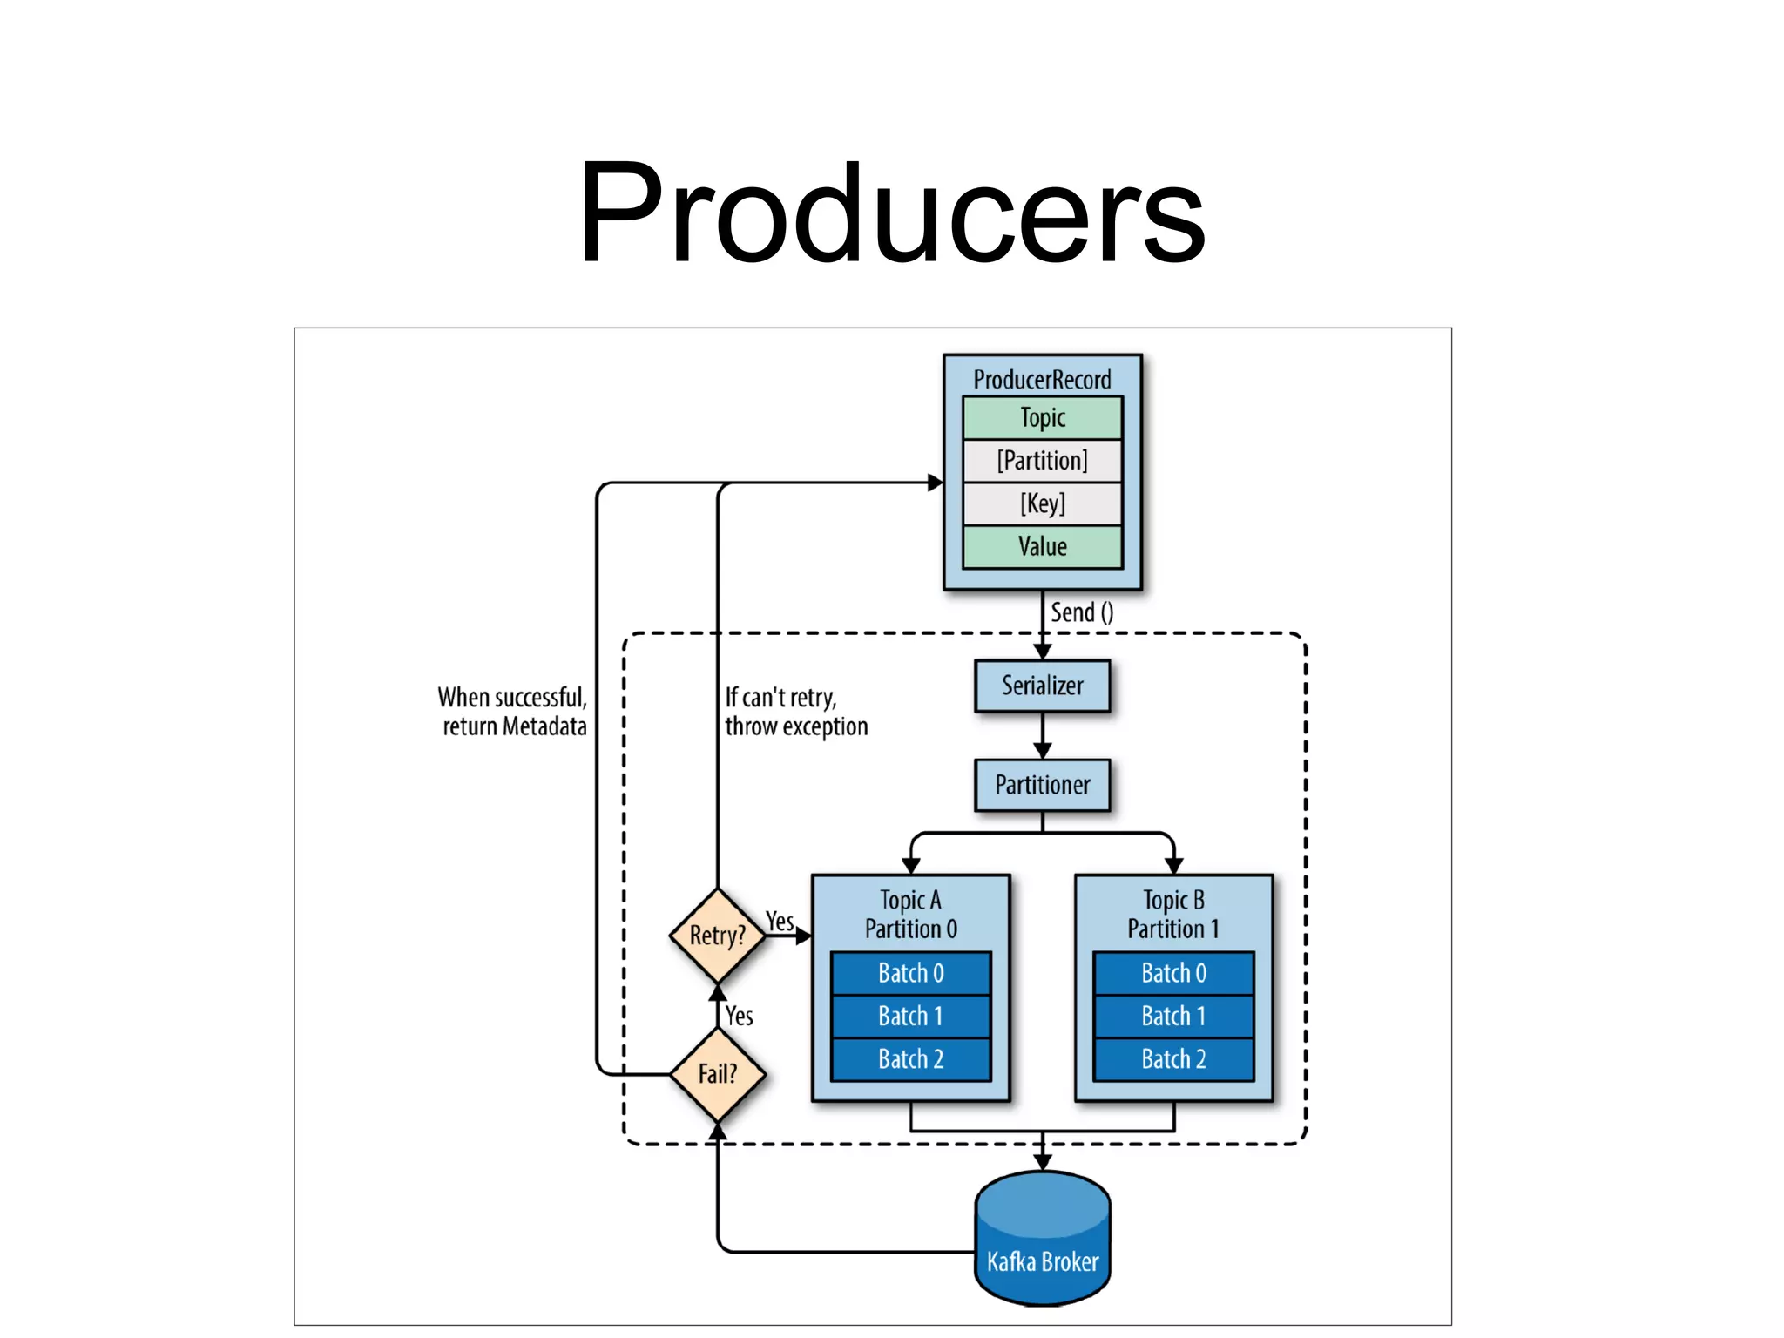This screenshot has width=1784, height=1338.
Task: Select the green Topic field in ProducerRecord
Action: pyautogui.click(x=1042, y=418)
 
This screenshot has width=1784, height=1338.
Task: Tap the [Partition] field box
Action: pyautogui.click(x=1042, y=461)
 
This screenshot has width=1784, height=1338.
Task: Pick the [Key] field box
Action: pyautogui.click(x=1042, y=503)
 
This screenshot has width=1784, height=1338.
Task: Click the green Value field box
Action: pyautogui.click(x=1042, y=547)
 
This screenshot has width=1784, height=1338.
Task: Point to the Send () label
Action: pyautogui.click(x=1081, y=612)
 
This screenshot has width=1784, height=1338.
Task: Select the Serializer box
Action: pyautogui.click(x=1042, y=686)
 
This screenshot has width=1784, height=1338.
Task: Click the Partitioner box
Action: pyautogui.click(x=1042, y=786)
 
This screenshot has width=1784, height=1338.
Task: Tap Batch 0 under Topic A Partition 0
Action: pyautogui.click(x=910, y=973)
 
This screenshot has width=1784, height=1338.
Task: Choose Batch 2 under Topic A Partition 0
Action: pyautogui.click(x=910, y=1059)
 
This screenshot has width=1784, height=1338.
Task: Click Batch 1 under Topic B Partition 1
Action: pyautogui.click(x=1173, y=1017)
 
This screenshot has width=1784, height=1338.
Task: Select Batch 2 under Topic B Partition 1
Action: pyautogui.click(x=1173, y=1059)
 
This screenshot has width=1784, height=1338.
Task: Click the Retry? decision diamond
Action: pyautogui.click(x=717, y=936)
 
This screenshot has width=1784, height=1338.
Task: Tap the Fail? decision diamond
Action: pyautogui.click(x=717, y=1074)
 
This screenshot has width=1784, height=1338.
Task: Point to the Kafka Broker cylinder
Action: pyautogui.click(x=1042, y=1241)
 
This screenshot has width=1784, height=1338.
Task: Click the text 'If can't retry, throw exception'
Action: pyautogui.click(x=796, y=712)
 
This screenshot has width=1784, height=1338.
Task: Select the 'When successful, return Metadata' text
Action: pyautogui.click(x=513, y=712)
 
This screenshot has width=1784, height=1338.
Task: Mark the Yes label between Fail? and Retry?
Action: pyautogui.click(x=740, y=1016)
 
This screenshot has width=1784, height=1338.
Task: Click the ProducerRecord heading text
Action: pyautogui.click(x=1042, y=380)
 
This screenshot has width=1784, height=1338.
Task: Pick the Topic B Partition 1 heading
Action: pyautogui.click(x=1173, y=915)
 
